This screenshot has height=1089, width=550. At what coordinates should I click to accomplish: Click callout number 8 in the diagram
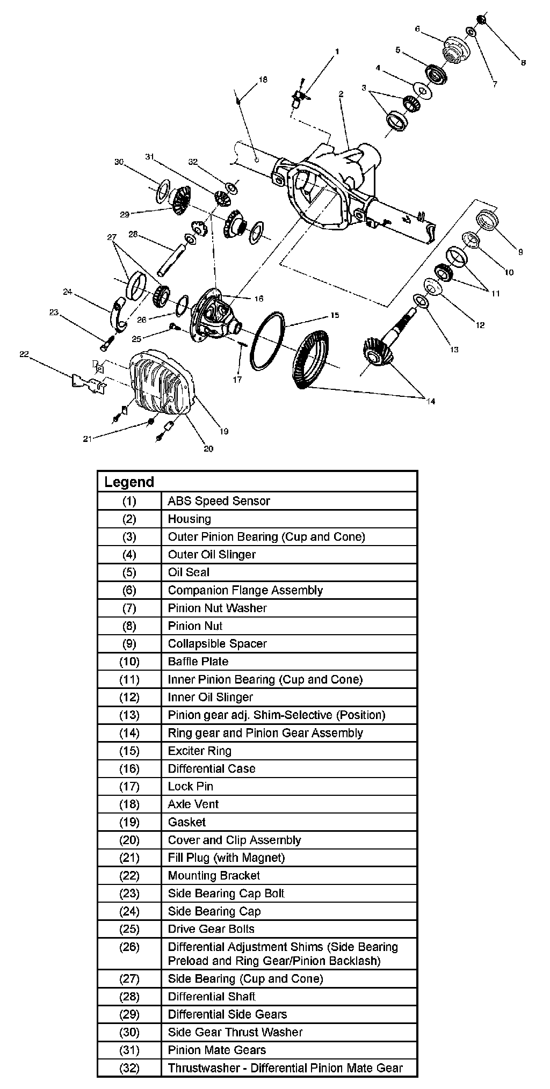[523, 63]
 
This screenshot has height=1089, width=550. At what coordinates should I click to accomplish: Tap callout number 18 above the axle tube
[262, 79]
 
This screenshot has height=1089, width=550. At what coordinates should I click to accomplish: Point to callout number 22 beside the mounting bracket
[24, 354]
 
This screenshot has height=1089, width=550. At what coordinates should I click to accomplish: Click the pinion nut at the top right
[481, 19]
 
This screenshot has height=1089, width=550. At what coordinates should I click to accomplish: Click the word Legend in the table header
[129, 482]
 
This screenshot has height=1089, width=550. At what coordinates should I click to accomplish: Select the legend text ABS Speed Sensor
[219, 501]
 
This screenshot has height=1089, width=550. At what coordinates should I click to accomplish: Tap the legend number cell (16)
[129, 768]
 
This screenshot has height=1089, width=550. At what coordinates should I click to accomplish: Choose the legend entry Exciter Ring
[199, 751]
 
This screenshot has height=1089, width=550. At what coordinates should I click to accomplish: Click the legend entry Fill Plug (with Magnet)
[226, 858]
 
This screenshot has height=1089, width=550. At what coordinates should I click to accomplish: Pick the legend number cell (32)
[129, 1068]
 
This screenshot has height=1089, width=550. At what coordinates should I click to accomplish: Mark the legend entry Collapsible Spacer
[217, 643]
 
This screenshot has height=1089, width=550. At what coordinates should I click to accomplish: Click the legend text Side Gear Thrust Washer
[235, 1032]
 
